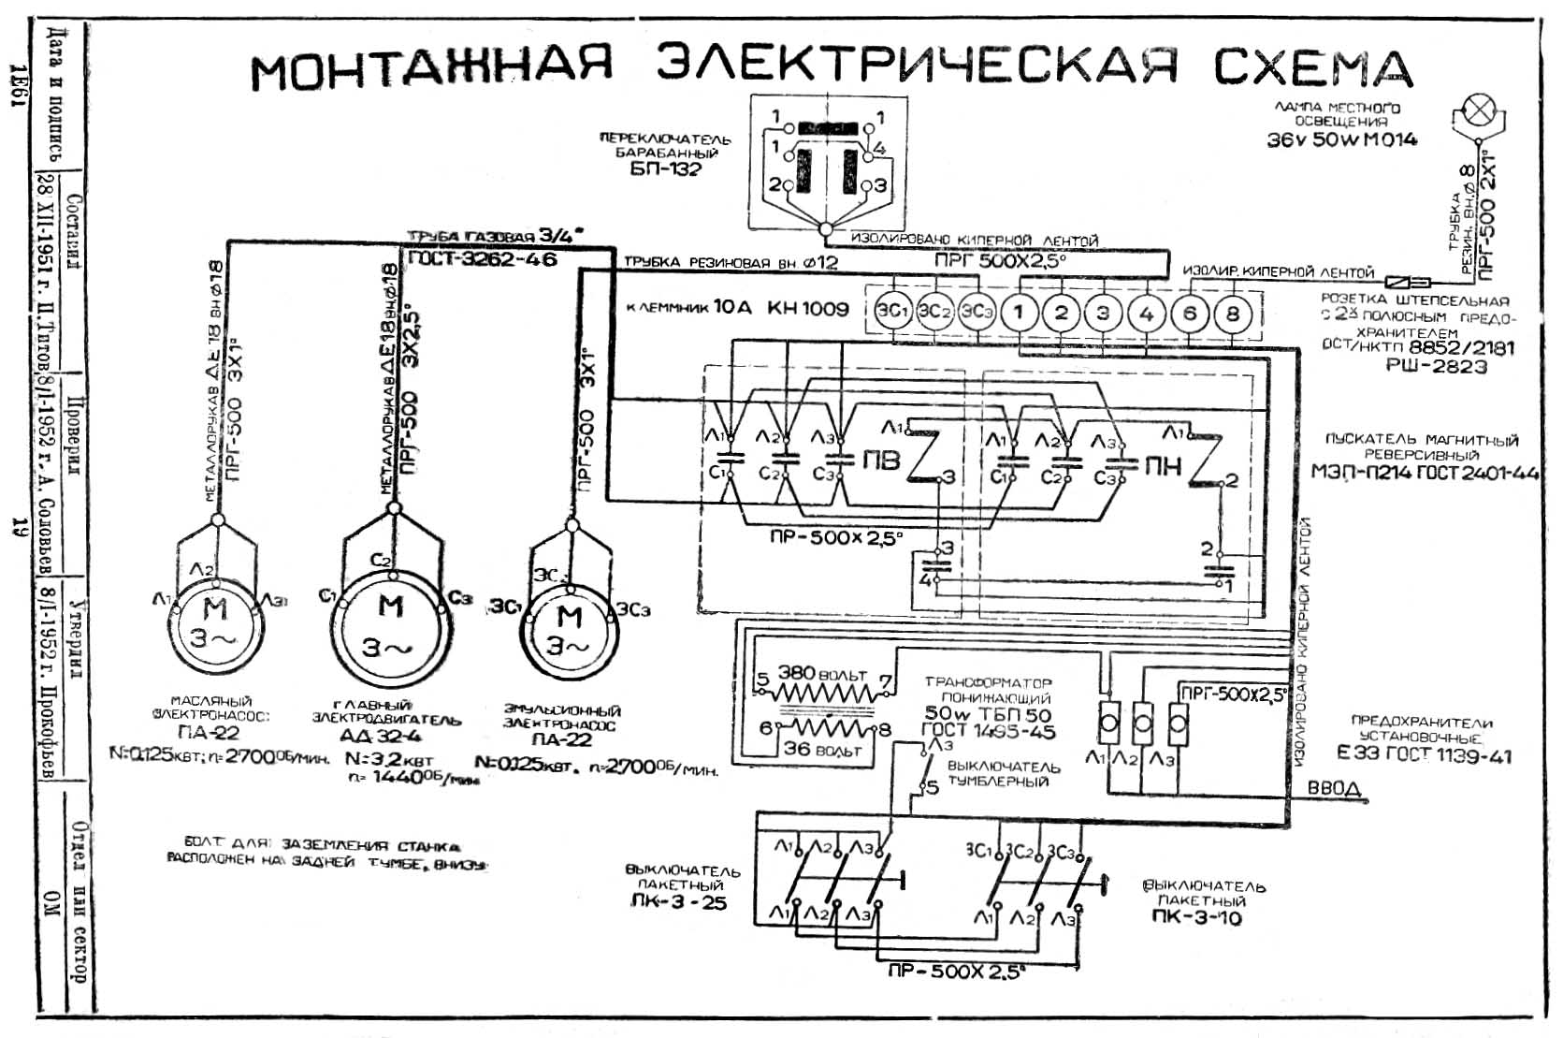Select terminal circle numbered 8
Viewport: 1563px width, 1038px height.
[1232, 313]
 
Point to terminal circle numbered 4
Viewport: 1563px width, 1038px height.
[1147, 313]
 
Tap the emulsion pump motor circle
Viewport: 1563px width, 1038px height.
[568, 629]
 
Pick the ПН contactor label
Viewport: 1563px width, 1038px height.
[1163, 465]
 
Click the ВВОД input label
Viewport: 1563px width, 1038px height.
[1333, 789]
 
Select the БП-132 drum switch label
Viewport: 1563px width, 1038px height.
[665, 169]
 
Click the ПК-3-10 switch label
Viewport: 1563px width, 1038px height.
[1196, 917]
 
